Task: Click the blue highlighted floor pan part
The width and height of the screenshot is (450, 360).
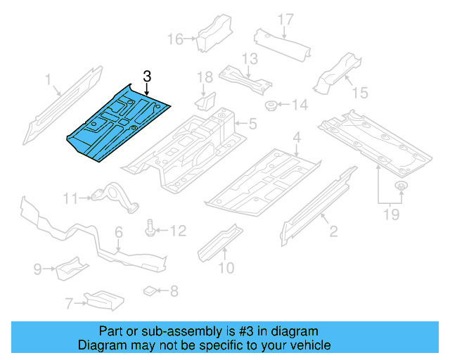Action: point(120,124)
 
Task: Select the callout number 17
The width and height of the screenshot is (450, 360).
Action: point(283,19)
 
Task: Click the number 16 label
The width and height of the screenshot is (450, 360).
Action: point(175,38)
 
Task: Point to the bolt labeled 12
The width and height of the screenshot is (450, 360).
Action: point(151,229)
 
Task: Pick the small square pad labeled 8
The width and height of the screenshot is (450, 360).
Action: point(150,289)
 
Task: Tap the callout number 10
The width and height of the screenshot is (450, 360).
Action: point(226,266)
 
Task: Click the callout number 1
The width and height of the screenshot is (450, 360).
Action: point(48,81)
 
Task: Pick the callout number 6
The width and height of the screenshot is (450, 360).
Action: point(119,232)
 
